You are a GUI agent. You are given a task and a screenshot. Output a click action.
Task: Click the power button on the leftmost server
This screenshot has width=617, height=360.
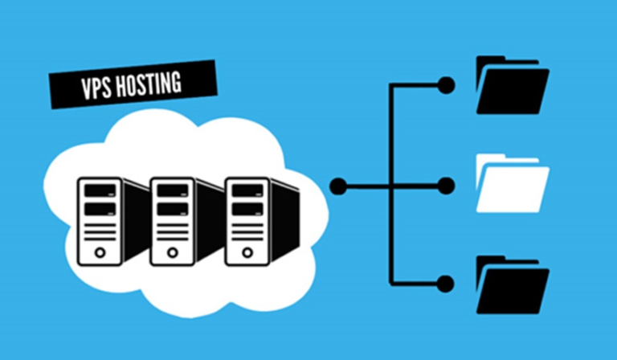point(100,252)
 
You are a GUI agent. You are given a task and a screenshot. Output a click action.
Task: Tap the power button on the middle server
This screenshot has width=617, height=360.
point(173,252)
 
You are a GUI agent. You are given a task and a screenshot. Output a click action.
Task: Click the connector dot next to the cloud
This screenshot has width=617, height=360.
point(338,186)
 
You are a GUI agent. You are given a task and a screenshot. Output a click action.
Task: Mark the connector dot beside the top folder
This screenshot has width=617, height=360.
point(446,85)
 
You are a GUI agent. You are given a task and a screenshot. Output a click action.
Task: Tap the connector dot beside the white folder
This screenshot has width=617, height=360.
point(446,186)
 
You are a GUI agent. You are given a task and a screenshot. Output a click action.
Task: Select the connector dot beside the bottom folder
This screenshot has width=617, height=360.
point(446,283)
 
